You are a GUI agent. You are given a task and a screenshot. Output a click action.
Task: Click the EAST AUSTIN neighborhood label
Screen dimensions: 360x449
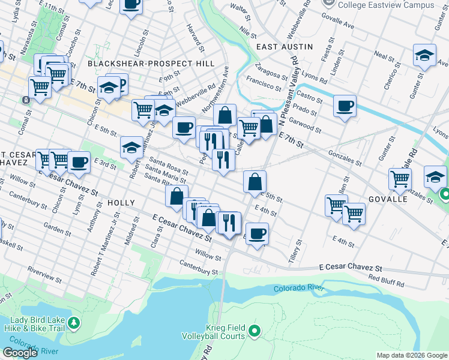285,46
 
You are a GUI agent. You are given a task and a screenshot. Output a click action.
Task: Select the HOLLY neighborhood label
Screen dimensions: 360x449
121,203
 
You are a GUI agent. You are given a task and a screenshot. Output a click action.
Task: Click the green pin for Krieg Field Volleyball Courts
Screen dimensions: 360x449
255,331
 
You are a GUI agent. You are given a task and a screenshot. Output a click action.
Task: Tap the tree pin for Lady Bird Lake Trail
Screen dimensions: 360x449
74,324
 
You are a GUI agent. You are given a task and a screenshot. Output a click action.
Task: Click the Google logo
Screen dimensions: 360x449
20,352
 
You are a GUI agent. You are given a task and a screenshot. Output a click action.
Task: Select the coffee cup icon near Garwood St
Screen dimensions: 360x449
345,106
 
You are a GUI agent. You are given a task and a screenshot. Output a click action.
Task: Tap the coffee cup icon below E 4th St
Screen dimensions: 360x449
257,233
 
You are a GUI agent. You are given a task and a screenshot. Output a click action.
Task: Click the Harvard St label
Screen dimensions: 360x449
196,40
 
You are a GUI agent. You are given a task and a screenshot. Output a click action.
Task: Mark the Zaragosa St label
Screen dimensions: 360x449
271,70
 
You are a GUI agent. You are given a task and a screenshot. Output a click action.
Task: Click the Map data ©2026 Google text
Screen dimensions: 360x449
412,355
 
